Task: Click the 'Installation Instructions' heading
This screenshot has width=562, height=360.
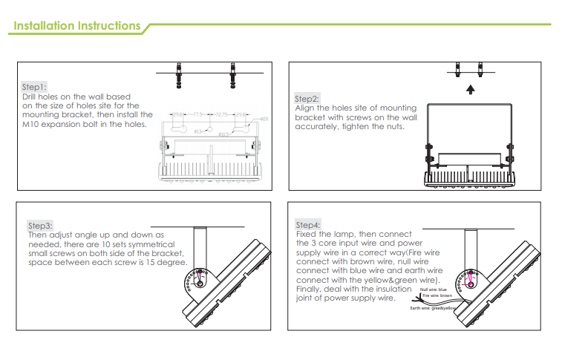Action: point(77,26)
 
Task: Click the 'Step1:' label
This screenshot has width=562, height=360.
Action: point(35,88)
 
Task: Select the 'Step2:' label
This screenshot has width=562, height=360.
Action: point(307,99)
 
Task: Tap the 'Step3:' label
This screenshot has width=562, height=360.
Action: point(40,225)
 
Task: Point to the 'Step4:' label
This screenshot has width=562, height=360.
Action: point(308,225)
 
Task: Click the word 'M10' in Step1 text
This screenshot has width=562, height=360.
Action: point(31,125)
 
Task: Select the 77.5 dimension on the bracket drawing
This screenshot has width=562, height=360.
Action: point(198,115)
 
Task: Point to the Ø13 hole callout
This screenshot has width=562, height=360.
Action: point(198,132)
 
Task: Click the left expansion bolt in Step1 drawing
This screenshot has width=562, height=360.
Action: point(178,74)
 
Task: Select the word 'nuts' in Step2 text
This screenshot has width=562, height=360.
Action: point(396,127)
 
